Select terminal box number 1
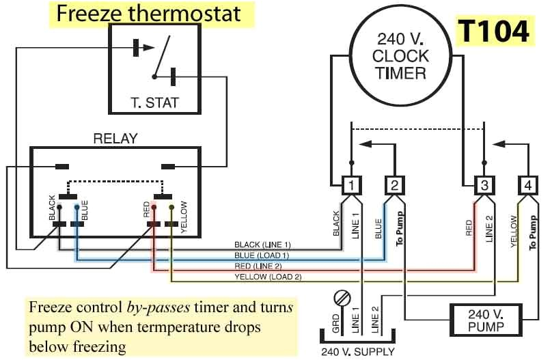click(x=350, y=184)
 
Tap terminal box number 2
click(x=394, y=184)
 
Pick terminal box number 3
click(x=483, y=184)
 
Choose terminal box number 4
click(x=527, y=184)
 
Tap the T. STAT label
click(x=154, y=104)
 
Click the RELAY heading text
click(x=115, y=139)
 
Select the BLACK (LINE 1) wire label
click(x=263, y=245)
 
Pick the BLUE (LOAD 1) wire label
click(x=263, y=255)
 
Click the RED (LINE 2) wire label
click(x=263, y=266)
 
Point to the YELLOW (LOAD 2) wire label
click(x=267, y=277)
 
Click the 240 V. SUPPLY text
click(x=358, y=352)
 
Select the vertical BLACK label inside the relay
click(x=52, y=208)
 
